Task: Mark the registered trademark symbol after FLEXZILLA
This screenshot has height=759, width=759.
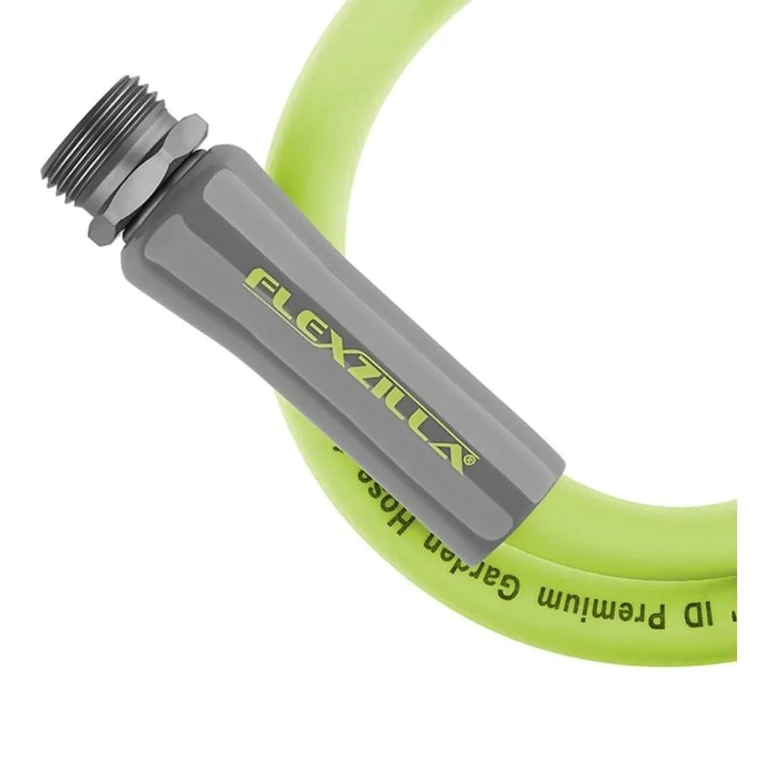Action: click(472, 459)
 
